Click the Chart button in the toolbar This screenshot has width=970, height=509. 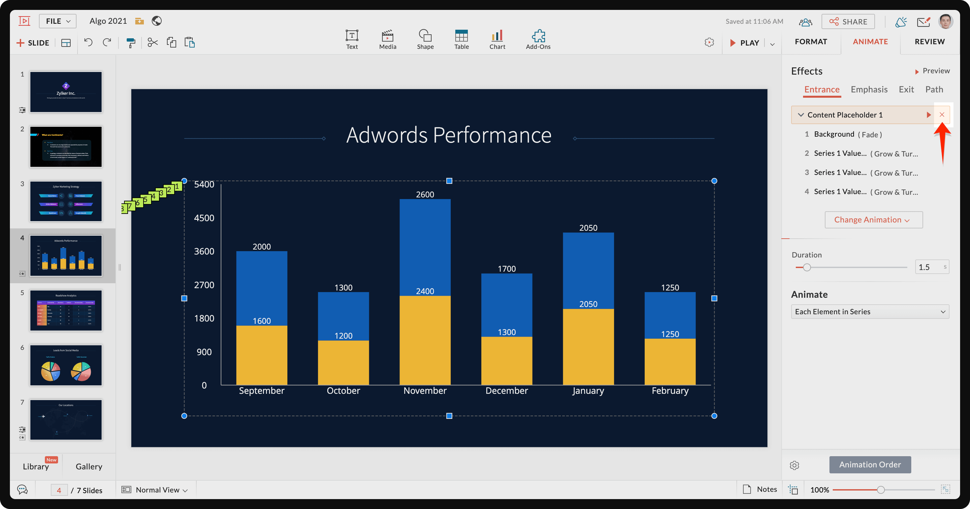pyautogui.click(x=497, y=39)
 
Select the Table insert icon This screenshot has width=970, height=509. pyautogui.click(x=461, y=39)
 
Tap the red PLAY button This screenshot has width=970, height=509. pyautogui.click(x=744, y=43)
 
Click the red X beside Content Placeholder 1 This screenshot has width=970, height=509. pyautogui.click(x=942, y=115)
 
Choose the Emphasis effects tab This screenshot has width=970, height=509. pyautogui.click(x=869, y=90)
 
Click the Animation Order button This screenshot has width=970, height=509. pyautogui.click(x=870, y=464)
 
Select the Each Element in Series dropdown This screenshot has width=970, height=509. pyautogui.click(x=870, y=312)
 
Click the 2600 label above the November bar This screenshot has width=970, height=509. pyautogui.click(x=425, y=194)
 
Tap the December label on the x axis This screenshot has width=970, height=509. pyautogui.click(x=506, y=391)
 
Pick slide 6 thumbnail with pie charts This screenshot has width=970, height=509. pyautogui.click(x=66, y=365)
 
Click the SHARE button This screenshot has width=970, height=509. pyautogui.click(x=848, y=21)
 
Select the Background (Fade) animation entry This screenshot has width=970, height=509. pyautogui.click(x=847, y=134)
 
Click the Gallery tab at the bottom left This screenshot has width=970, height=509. pyautogui.click(x=89, y=466)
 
